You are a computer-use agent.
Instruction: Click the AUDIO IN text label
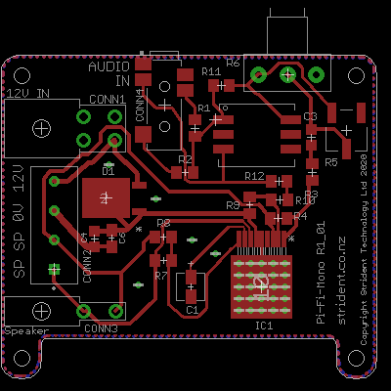coord(109,74)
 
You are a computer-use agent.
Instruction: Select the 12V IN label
coord(28,94)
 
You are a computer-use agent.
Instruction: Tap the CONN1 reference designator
coord(107,100)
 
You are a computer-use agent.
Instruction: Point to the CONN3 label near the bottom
coord(100,328)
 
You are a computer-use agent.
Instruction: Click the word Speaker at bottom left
coord(26,331)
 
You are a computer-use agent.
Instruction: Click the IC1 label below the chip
coord(263,326)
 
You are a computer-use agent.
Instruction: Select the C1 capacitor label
coord(192,309)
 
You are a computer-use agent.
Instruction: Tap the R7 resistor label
coord(161,276)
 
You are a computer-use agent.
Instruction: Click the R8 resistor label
coord(163,224)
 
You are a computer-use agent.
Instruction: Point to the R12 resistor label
coord(254,176)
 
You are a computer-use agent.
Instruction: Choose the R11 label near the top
coord(210,72)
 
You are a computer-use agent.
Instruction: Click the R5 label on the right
coord(330,161)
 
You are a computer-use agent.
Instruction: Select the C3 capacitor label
coord(310,116)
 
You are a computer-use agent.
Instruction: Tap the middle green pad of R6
coord(287,74)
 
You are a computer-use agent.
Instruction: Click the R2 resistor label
coord(185,158)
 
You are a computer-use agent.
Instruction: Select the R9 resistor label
coord(233,205)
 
